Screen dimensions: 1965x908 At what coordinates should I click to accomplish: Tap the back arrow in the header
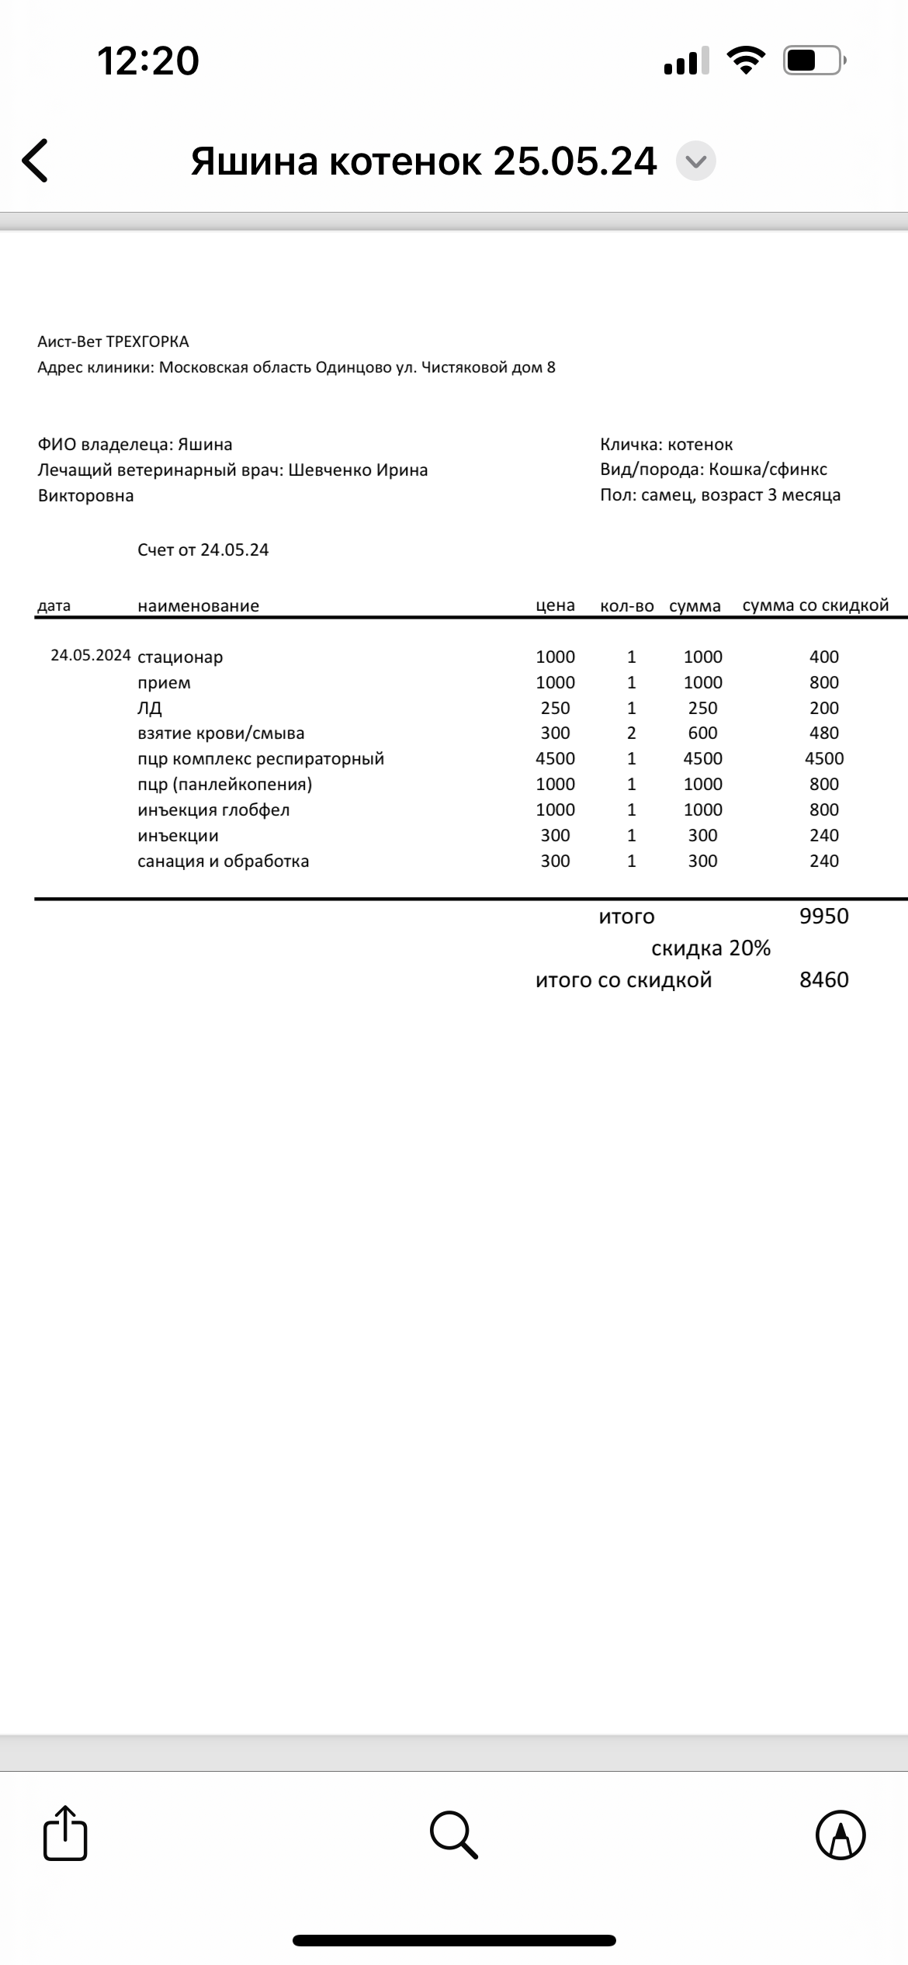coord(35,161)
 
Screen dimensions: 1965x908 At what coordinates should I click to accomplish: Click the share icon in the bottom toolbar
coord(65,1835)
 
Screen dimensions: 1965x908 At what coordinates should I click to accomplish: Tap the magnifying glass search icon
coord(453,1835)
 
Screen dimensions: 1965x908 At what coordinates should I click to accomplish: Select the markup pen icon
coord(840,1835)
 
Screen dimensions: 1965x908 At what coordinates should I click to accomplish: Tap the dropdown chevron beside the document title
coord(695,161)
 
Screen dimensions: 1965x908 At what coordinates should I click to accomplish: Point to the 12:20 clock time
coord(147,61)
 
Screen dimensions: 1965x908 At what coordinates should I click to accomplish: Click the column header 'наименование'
coord(198,606)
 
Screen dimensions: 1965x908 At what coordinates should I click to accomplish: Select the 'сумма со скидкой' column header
coord(815,605)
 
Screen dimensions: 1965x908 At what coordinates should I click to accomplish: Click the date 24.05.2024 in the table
coord(90,655)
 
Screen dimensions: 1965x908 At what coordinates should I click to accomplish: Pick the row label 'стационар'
coord(180,657)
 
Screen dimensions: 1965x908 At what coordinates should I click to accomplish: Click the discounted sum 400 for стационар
coord(823,657)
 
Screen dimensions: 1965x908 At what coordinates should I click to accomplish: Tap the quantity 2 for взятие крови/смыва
coord(631,733)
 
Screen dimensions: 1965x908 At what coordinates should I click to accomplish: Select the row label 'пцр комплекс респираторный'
coord(261,759)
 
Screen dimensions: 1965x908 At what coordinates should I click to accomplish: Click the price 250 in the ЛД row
coord(555,708)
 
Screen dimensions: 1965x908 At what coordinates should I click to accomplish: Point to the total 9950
coord(823,916)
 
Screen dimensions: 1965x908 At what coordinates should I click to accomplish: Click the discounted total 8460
coord(823,979)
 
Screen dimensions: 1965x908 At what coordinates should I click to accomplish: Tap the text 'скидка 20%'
coord(710,948)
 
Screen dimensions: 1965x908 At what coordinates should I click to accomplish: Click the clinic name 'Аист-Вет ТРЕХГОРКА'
coord(113,341)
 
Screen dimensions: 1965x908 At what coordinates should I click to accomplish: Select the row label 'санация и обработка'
coord(223,861)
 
